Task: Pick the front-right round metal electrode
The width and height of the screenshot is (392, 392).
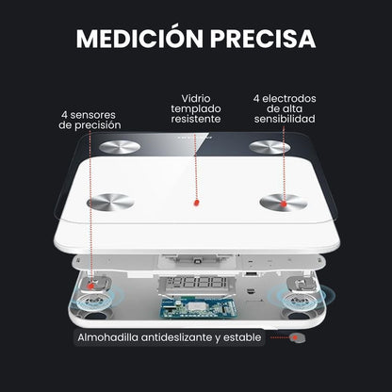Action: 284,201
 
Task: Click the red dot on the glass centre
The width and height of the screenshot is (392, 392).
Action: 194,204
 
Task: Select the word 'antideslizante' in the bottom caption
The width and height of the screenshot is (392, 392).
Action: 174,336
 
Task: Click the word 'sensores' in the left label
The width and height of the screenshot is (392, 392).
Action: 93,113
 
